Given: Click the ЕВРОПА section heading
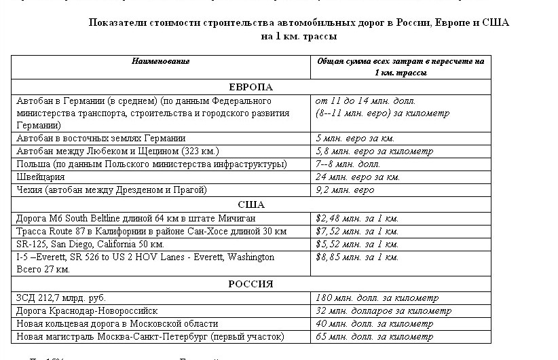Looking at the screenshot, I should [x=250, y=87].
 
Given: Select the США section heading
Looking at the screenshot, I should [x=251, y=204].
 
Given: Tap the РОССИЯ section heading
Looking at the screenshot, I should [x=250, y=284].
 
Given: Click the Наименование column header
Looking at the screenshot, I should [x=160, y=61].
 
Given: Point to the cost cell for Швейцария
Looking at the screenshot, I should [x=358, y=177].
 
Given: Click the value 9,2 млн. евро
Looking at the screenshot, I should [x=345, y=190].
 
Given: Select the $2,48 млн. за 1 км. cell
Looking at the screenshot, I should [x=357, y=218].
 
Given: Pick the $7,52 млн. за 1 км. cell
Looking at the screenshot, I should [x=357, y=231].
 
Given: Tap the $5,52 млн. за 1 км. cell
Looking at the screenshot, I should [x=357, y=244].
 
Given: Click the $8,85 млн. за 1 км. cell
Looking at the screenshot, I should [x=357, y=257].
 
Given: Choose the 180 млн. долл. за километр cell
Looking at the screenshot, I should [x=377, y=298].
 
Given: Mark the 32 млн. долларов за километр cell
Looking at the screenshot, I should [x=384, y=310].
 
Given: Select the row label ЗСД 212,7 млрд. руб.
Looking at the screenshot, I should [x=61, y=298].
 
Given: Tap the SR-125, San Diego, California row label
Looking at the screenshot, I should [x=90, y=244].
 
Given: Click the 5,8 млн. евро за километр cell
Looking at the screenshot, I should [x=374, y=151].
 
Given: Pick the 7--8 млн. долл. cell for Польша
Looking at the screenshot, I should [x=348, y=164].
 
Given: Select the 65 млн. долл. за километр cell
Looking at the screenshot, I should [x=374, y=336].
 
